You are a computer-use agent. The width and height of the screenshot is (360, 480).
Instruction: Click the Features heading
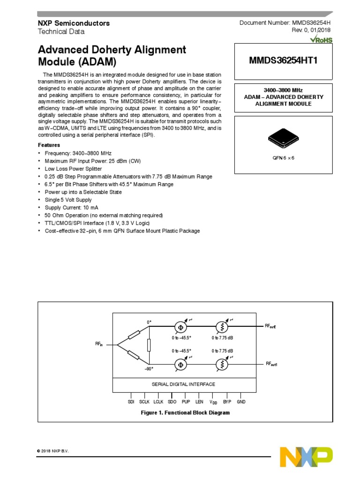click(49, 145)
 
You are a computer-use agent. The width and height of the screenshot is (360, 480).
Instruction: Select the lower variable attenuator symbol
click(222, 364)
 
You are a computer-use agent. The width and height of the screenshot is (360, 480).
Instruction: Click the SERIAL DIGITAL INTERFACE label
click(183, 384)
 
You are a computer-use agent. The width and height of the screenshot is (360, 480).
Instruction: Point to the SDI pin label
click(131, 402)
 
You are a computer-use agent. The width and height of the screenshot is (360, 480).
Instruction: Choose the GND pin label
click(241, 402)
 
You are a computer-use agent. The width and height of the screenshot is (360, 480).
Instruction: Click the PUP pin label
click(186, 402)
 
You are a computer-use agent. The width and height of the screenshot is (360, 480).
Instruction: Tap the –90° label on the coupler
click(149, 369)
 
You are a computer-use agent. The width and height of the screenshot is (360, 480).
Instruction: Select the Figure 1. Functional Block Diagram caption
click(186, 413)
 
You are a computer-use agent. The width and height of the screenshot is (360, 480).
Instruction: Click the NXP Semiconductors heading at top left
click(74, 23)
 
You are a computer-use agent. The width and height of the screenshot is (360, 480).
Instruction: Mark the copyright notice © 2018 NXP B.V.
click(53, 451)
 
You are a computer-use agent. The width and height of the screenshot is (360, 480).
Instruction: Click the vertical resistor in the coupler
click(149, 345)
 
